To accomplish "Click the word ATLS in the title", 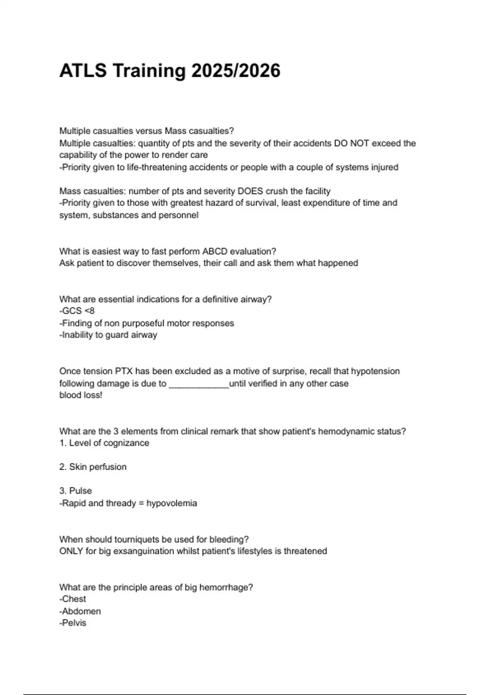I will pos(83,71).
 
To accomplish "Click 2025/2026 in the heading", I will pos(236,71).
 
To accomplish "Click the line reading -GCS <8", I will pos(77,311).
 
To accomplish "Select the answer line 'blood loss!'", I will pos(80,395).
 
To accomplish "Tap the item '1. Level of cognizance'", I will pos(104,443).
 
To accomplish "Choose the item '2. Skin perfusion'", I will pos(93,467).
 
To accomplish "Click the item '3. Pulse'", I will pos(76,491).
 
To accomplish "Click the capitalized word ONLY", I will pos(71,551).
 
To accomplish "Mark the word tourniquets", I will pos(138,539).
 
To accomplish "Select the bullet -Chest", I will pos(73,599).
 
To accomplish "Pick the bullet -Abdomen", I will pos(80,611).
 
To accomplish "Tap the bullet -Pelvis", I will pos(73,623).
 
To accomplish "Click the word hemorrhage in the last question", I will pos(225,587).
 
